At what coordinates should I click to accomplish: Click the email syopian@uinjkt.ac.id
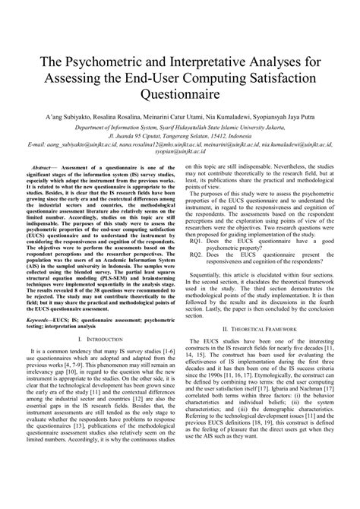(x=179, y=152)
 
